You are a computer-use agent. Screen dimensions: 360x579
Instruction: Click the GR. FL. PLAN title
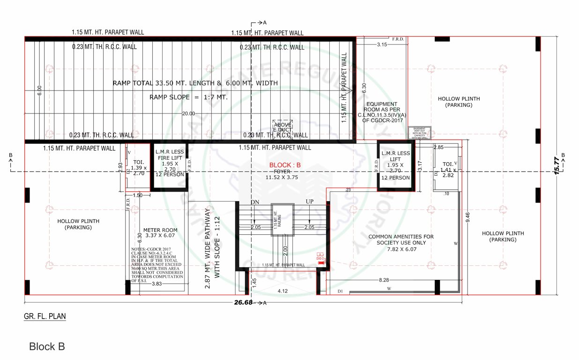tap(45, 316)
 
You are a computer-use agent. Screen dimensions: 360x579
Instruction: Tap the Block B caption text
tap(47, 347)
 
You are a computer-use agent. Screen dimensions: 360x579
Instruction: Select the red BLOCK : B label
tap(285, 165)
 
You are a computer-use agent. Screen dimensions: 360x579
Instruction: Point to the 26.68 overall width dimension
tap(244, 302)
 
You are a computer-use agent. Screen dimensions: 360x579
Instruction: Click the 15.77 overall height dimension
tap(557, 166)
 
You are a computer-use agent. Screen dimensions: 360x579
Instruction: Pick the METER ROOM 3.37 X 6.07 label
tap(160, 233)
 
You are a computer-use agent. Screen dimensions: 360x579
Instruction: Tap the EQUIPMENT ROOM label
tap(382, 112)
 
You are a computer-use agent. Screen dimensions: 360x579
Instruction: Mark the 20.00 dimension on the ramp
tap(189, 113)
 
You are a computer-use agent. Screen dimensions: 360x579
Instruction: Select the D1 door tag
tap(341, 291)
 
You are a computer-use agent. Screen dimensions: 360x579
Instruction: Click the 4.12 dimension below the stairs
tap(282, 291)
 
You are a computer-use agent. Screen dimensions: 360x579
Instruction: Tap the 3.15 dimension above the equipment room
tap(382, 45)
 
